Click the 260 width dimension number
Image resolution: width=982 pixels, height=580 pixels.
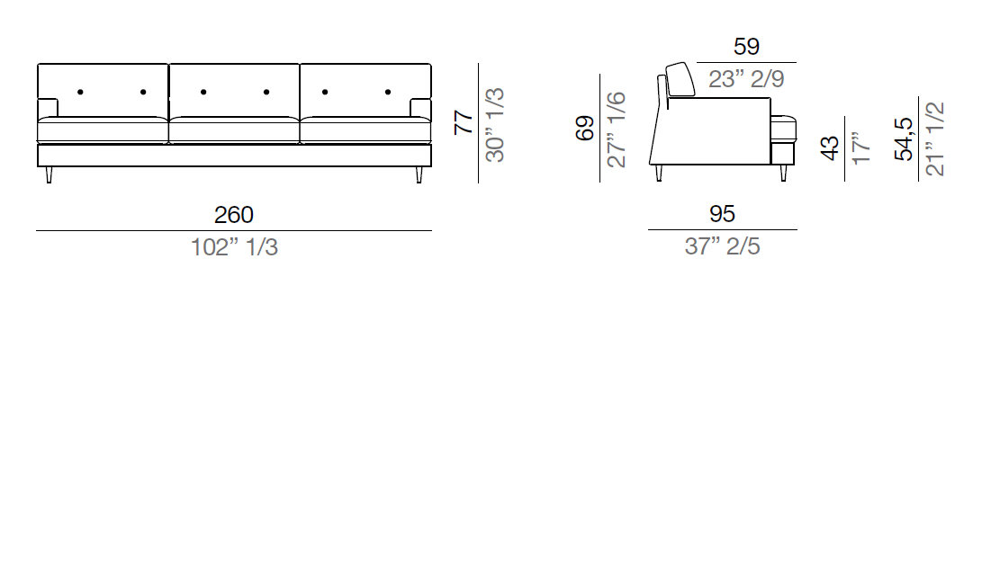234,215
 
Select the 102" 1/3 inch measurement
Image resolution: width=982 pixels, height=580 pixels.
234,247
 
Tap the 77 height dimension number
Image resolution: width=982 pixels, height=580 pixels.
464,122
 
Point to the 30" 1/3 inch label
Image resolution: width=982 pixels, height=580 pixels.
495,125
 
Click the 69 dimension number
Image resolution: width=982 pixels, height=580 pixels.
585,129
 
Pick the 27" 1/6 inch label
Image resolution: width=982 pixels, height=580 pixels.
617,129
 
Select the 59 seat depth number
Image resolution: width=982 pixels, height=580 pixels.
746,46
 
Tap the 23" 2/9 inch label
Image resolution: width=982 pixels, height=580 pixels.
746,79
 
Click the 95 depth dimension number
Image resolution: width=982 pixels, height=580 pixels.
722,214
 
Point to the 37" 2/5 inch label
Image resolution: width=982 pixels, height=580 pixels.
722,246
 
